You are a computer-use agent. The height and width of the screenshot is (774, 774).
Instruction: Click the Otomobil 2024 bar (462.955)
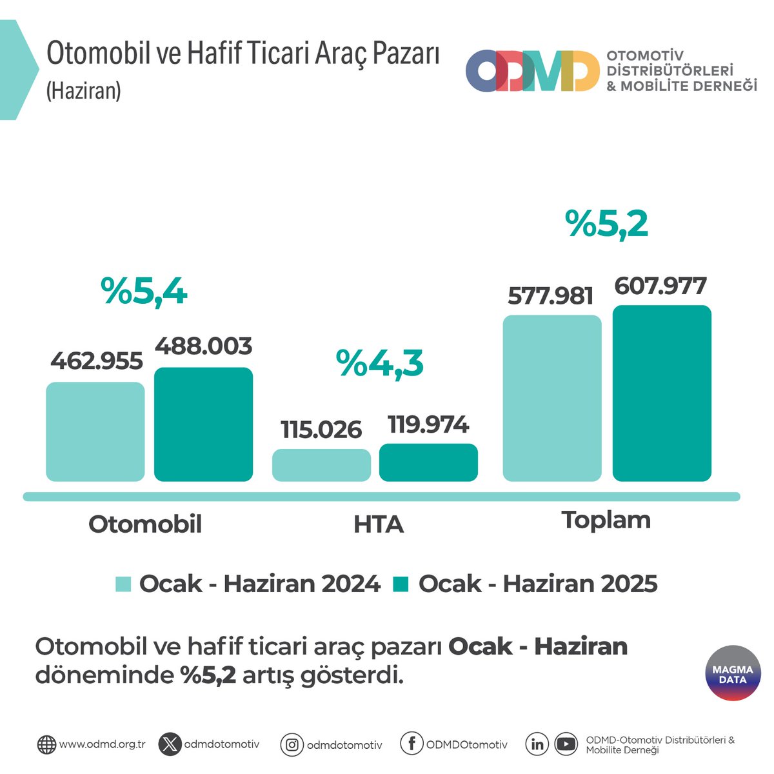click(95, 432)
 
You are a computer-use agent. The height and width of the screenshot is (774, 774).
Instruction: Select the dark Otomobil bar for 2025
click(203, 424)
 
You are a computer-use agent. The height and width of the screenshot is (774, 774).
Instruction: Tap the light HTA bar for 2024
click(321, 465)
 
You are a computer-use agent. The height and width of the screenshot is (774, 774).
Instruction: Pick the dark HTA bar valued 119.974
click(428, 462)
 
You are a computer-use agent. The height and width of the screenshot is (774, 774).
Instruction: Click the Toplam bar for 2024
click(552, 398)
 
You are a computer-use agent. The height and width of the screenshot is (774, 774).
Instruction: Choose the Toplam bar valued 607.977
click(662, 393)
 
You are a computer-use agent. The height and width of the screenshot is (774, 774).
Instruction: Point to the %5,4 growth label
click(144, 292)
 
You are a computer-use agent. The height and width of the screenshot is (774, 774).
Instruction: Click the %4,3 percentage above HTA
click(379, 364)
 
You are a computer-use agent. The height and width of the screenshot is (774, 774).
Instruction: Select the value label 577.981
click(550, 296)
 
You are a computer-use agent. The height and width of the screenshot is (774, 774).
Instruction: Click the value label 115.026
click(321, 430)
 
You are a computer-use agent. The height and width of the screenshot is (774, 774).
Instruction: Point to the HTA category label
click(379, 524)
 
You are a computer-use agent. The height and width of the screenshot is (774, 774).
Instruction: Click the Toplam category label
click(606, 520)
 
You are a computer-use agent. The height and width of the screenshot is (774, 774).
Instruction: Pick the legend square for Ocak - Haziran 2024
click(123, 584)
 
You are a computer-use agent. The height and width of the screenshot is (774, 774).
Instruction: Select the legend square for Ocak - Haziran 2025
click(401, 584)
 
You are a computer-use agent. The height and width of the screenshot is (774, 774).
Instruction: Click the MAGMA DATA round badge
click(733, 673)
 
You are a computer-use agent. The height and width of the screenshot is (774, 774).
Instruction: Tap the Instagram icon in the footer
click(292, 745)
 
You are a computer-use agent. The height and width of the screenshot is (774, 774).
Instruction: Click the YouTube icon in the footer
click(566, 744)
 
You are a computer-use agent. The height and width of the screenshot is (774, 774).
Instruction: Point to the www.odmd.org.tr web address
click(102, 744)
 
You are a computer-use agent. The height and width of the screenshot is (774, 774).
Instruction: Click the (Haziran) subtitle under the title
click(84, 91)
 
